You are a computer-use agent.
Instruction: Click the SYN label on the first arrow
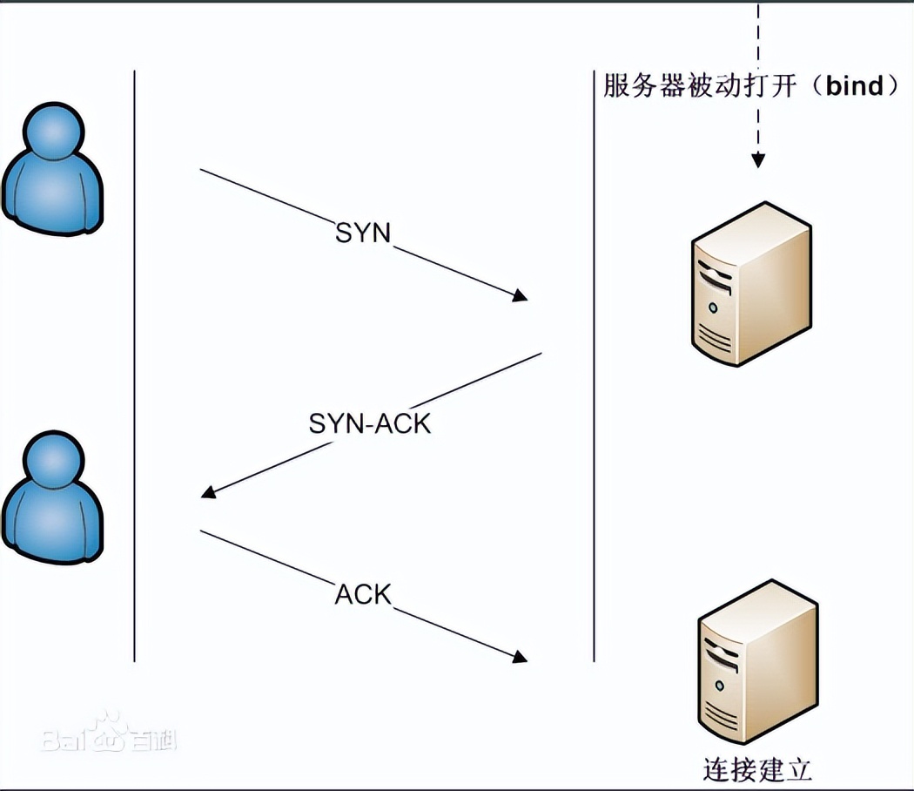(363, 233)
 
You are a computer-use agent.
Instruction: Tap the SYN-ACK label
(370, 423)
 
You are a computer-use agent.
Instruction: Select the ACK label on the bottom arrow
(363, 594)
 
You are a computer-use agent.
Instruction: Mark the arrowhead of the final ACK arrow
(521, 656)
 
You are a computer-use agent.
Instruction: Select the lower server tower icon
(757, 667)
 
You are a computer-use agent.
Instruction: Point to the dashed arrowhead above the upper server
(758, 160)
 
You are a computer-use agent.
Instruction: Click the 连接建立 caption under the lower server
(756, 770)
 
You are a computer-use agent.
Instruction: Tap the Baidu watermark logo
(109, 737)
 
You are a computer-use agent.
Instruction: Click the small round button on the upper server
(714, 308)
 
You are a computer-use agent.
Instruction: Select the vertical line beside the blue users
(135, 366)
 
